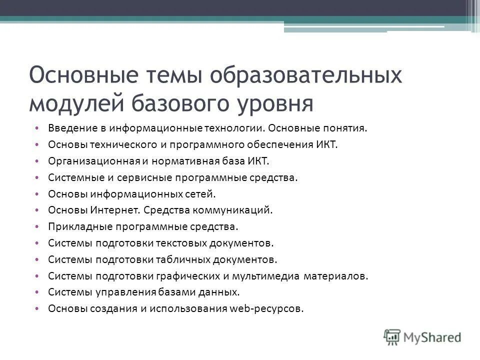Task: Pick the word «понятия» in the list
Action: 346,128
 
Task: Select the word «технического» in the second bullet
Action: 112,144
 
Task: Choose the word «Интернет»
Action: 112,210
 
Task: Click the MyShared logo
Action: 423,336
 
